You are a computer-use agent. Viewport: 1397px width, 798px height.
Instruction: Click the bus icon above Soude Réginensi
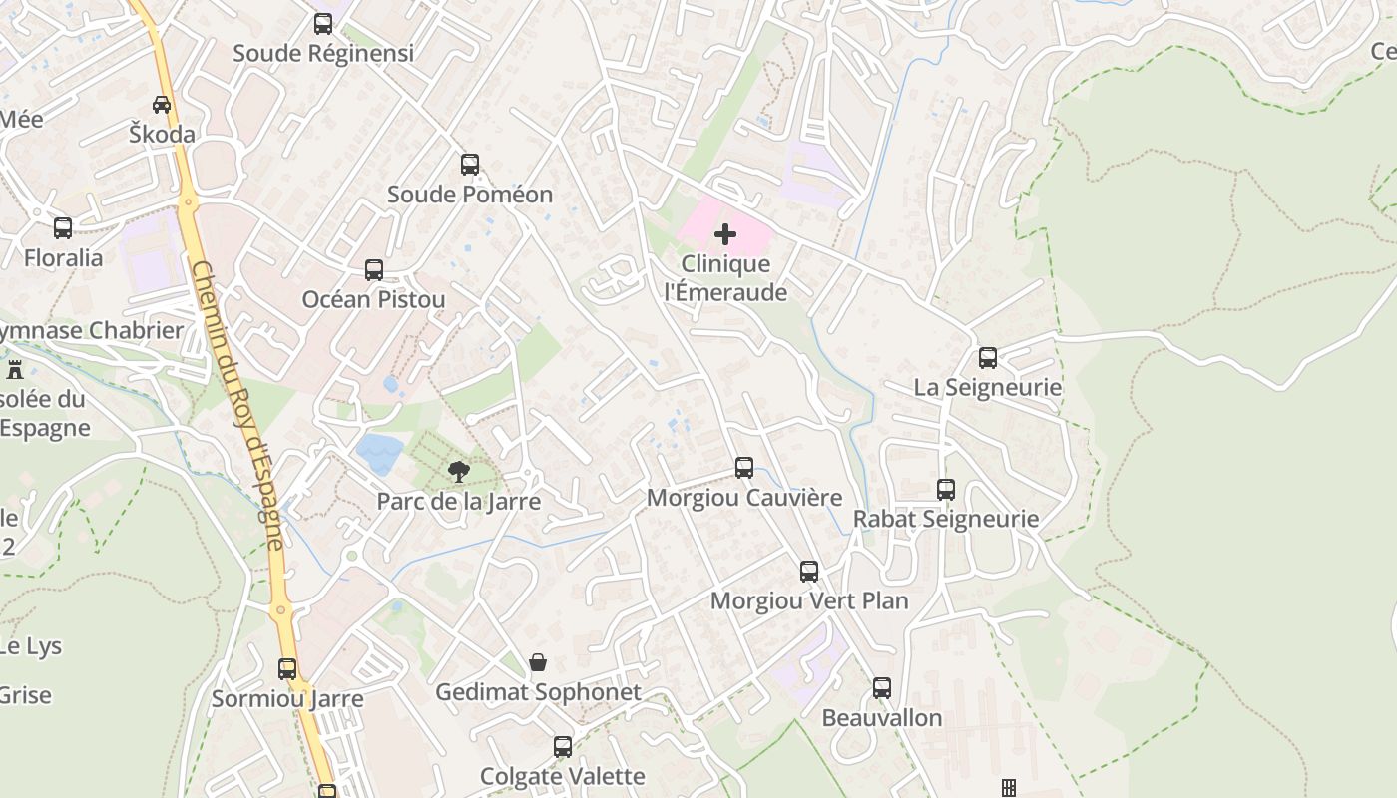[x=323, y=24]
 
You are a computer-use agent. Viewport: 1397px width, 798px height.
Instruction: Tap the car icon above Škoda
[x=162, y=104]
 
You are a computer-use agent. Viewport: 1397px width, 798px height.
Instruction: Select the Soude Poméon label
[x=469, y=194]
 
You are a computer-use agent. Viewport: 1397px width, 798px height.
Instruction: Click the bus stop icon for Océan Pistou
[x=374, y=269]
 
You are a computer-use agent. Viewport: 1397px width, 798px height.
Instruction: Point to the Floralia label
[x=63, y=257]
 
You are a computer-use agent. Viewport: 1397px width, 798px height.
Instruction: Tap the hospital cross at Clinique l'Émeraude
[x=725, y=234]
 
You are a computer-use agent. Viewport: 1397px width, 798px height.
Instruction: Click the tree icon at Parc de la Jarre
[x=459, y=471]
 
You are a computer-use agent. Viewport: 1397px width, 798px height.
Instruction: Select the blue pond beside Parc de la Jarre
[x=380, y=453]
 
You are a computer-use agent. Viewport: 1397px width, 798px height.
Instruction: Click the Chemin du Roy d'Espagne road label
[x=237, y=404]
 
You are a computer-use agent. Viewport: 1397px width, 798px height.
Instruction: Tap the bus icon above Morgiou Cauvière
[x=744, y=467]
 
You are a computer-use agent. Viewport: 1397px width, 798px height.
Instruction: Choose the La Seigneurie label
[x=988, y=387]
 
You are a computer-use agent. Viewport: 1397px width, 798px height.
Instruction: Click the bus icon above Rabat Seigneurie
[x=946, y=490]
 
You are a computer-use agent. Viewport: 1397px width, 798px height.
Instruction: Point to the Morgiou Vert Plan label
[x=809, y=600]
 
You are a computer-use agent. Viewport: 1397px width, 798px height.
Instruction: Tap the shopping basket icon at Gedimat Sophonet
[x=538, y=662]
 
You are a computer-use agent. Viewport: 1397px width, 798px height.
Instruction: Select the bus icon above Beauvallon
[x=882, y=688]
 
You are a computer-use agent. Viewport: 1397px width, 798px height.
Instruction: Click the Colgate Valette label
[x=563, y=776]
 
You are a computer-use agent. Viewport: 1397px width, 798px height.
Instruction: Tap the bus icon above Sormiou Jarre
[x=287, y=669]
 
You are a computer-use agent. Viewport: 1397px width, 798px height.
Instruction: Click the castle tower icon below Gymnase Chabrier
[x=15, y=370]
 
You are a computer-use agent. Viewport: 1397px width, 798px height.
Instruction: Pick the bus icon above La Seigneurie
[x=988, y=358]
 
